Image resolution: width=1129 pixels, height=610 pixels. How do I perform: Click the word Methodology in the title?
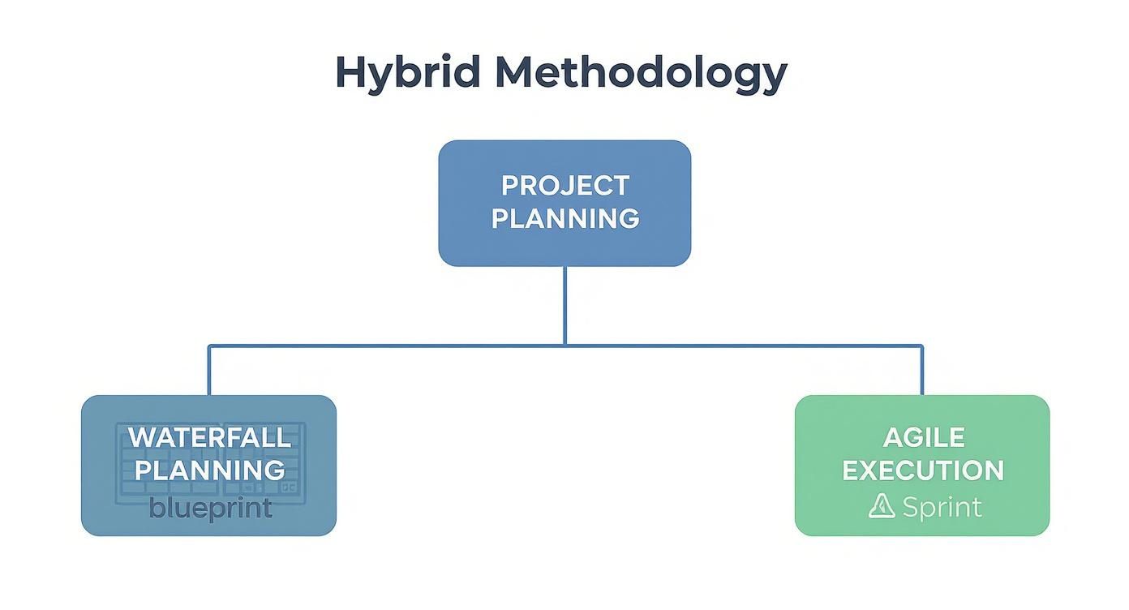pos(641,74)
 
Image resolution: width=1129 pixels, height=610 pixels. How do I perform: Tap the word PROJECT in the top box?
pos(564,186)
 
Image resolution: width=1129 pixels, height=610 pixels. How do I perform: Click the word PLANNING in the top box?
pos(564,218)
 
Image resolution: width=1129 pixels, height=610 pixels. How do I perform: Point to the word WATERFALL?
pos(209,437)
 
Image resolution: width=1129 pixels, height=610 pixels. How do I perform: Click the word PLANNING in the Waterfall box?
pos(209,470)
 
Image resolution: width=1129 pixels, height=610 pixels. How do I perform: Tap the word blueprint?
pos(210,509)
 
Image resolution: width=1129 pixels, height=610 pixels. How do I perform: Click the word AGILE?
pos(923,437)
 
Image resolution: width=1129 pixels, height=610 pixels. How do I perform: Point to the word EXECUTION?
pos(923,470)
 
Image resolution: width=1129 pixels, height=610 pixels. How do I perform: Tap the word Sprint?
pos(942,507)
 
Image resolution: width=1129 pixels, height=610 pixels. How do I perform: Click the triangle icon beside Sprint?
pos(882,506)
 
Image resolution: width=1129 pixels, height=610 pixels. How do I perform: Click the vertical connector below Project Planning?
pos(564,305)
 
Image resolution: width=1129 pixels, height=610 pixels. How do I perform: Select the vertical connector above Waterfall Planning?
pos(209,371)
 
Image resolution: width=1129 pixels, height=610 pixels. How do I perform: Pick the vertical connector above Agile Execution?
pos(922,371)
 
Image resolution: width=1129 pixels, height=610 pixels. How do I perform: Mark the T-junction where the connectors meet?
pos(564,346)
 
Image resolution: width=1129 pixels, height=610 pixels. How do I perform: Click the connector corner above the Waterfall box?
pos(209,346)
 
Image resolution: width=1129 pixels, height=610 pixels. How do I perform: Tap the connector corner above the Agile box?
pos(922,346)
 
